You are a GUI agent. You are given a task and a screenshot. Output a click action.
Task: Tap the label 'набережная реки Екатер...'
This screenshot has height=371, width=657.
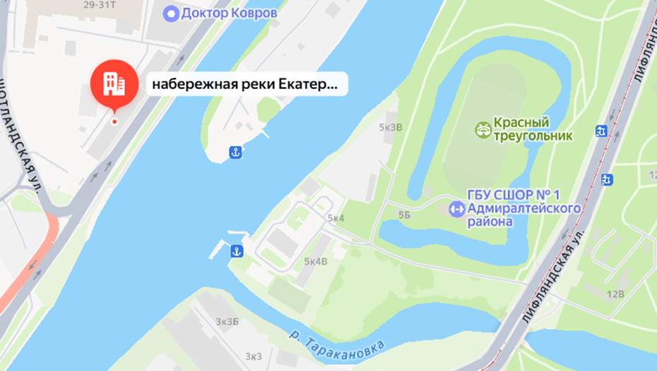244,85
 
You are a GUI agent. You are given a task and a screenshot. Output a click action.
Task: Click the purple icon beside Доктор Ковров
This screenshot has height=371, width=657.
171,13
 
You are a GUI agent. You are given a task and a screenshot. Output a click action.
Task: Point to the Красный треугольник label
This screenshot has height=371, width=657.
521,129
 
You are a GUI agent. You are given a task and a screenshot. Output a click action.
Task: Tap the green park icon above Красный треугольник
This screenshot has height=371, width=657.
483,129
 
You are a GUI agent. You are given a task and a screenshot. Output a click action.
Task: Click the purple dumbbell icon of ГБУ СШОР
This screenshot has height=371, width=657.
456,209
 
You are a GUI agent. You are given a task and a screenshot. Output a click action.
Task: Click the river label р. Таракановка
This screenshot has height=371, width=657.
340,341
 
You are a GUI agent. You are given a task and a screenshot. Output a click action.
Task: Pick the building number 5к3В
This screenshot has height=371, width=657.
391,128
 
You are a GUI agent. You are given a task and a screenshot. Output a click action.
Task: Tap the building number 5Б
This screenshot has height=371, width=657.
404,215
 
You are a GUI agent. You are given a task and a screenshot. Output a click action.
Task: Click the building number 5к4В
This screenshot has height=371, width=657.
316,261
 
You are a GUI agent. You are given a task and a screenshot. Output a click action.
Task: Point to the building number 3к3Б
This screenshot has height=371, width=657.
227,322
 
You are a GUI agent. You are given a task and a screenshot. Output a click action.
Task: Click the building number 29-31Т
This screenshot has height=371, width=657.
99,4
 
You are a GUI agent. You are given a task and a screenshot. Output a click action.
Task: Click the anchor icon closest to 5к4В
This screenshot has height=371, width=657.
237,251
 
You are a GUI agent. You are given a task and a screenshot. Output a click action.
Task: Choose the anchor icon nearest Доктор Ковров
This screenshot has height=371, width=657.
236,153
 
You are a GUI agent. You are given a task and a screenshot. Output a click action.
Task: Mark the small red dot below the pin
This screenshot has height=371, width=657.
114,121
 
